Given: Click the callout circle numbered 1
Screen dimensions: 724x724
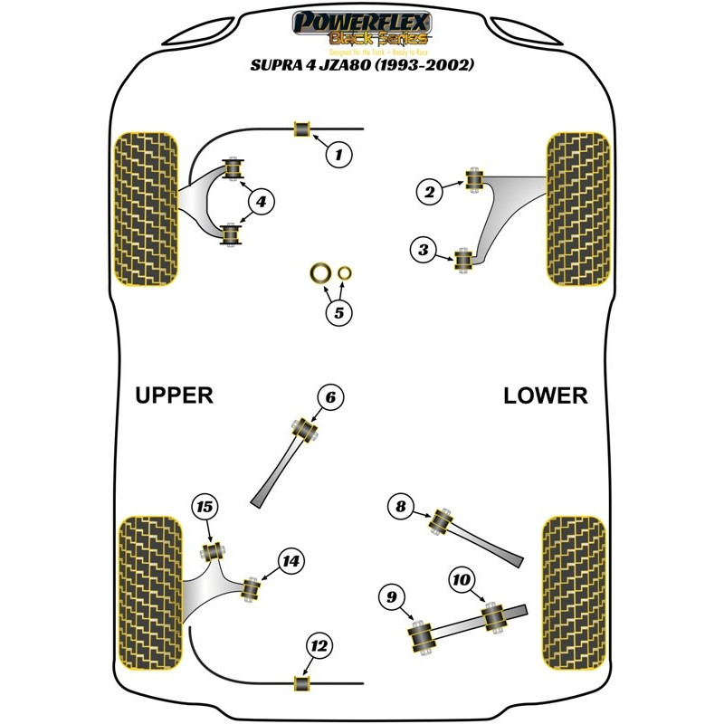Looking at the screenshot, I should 338,156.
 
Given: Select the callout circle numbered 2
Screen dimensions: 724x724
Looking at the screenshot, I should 429,190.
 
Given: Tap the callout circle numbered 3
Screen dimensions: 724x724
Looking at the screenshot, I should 422,251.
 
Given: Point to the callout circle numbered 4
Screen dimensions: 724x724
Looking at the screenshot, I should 261,203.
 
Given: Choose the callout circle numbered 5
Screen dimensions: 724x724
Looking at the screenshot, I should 338,314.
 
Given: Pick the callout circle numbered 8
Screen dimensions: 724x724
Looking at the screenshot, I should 400,508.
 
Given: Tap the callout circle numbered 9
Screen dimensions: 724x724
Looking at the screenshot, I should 391,595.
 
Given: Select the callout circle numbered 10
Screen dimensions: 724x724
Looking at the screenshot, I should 461,576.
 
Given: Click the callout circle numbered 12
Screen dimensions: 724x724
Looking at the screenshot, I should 319,645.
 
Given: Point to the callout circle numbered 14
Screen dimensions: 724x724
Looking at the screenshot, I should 290,561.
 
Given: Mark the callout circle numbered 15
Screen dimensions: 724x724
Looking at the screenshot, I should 205,509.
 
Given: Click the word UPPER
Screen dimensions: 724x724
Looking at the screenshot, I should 174,395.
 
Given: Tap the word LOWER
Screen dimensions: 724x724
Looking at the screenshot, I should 546,395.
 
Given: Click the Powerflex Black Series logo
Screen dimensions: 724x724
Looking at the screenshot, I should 362,26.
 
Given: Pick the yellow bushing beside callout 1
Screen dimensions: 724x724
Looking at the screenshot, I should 302,129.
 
